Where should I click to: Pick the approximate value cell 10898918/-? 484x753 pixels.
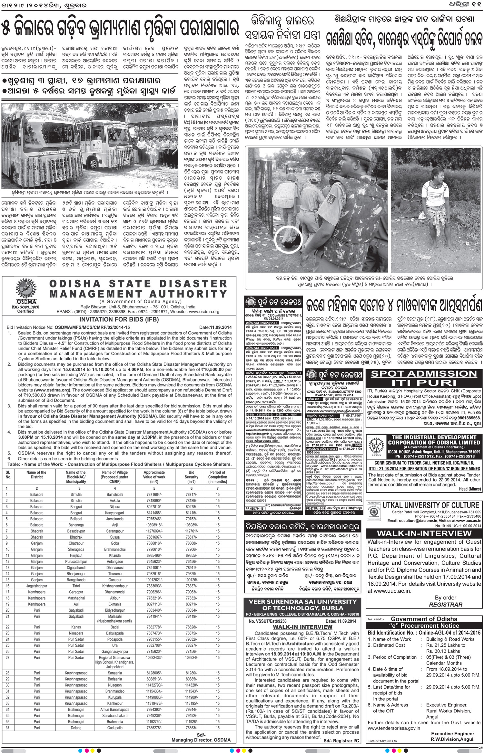pos(154,525)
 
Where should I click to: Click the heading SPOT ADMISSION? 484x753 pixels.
pos(424,374)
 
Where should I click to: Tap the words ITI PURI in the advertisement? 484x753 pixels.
pos(424,383)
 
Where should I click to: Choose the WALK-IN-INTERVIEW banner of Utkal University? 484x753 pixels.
pos(424,533)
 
